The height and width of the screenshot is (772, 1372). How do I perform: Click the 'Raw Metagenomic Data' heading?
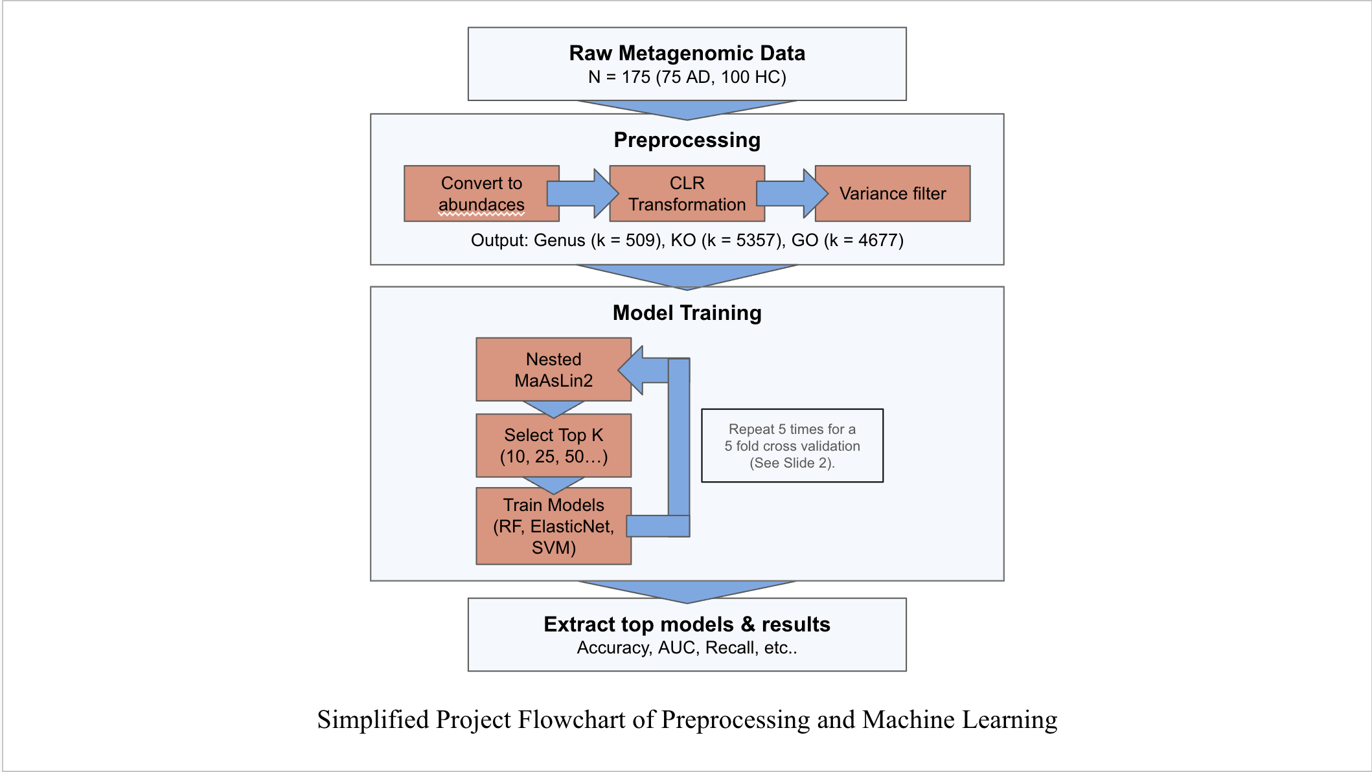pyautogui.click(x=687, y=53)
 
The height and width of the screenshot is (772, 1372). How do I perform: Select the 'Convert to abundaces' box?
pyautogui.click(x=481, y=194)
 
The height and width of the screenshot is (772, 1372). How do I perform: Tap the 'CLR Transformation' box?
pyautogui.click(x=687, y=194)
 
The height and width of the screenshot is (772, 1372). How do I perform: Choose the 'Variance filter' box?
pyautogui.click(x=893, y=194)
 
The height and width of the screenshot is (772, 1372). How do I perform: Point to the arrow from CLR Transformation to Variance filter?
pyautogui.click(x=792, y=194)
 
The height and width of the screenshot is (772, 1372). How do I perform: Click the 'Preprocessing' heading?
pyautogui.click(x=687, y=140)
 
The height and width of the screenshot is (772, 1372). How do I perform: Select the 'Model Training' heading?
pyautogui.click(x=687, y=313)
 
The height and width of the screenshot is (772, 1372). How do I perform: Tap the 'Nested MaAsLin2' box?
pyautogui.click(x=554, y=369)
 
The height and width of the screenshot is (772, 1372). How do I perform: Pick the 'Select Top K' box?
pyautogui.click(x=554, y=446)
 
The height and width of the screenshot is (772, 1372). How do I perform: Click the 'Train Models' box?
pyautogui.click(x=554, y=526)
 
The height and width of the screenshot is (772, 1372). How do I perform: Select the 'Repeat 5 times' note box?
pyautogui.click(x=792, y=446)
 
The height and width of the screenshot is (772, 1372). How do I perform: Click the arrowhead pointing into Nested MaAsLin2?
pyautogui.click(x=632, y=370)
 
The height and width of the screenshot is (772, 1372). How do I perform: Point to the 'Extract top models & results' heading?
pyautogui.click(x=687, y=624)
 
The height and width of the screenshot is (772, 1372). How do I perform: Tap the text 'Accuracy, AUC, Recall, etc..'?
pyautogui.click(x=687, y=648)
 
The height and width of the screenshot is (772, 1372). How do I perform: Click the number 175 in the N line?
pyautogui.click(x=636, y=77)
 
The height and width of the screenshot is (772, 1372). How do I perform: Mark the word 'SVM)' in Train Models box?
pyautogui.click(x=554, y=548)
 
